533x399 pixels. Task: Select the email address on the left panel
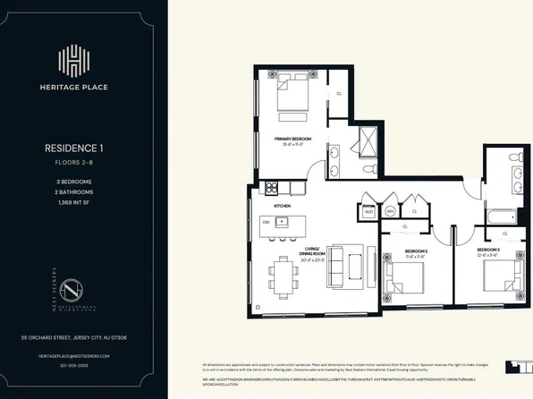pos(69,355)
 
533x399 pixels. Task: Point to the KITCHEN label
pos(283,206)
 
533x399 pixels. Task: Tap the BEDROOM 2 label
pos(416,251)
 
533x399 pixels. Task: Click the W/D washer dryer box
pos(368,213)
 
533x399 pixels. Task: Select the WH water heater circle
pos(391,212)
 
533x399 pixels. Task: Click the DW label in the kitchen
pos(266,221)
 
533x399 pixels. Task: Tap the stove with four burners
pos(273,188)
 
